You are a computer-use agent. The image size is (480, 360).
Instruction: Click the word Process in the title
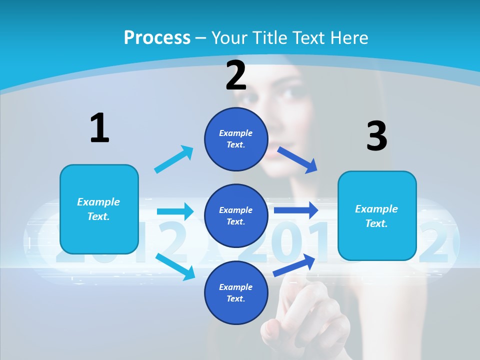(157, 37)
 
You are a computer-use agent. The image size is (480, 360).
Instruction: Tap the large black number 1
(99, 128)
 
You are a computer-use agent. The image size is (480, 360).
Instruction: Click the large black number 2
(236, 75)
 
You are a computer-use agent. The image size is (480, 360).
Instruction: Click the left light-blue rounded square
(99, 209)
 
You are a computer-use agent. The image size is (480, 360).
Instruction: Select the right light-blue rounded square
(377, 215)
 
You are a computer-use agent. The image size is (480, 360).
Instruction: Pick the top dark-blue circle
(236, 139)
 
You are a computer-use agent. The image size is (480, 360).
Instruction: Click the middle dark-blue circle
(236, 215)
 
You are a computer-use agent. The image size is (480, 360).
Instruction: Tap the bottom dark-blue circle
(236, 292)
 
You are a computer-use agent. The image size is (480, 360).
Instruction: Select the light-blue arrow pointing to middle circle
(175, 211)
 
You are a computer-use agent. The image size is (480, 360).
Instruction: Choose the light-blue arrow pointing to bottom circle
(175, 266)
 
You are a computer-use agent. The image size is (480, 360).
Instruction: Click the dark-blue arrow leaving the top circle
(297, 159)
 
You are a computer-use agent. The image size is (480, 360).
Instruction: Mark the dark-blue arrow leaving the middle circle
(295, 210)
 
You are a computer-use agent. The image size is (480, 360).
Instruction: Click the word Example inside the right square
(376, 209)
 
